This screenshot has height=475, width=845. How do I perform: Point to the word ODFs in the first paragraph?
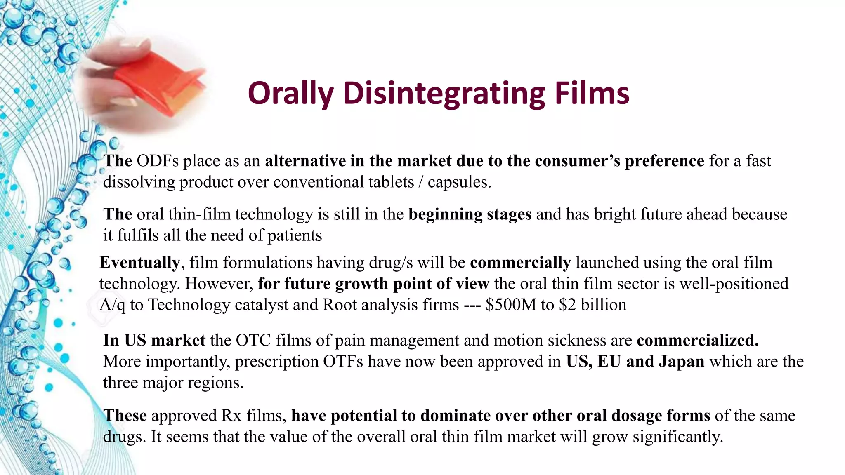[158, 161]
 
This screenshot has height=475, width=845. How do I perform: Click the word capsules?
[459, 182]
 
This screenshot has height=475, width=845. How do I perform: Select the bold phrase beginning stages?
[470, 214]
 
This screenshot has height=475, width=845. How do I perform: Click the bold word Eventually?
[139, 263]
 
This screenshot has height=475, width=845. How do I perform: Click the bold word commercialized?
[697, 341]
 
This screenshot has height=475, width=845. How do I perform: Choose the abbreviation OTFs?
[343, 362]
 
